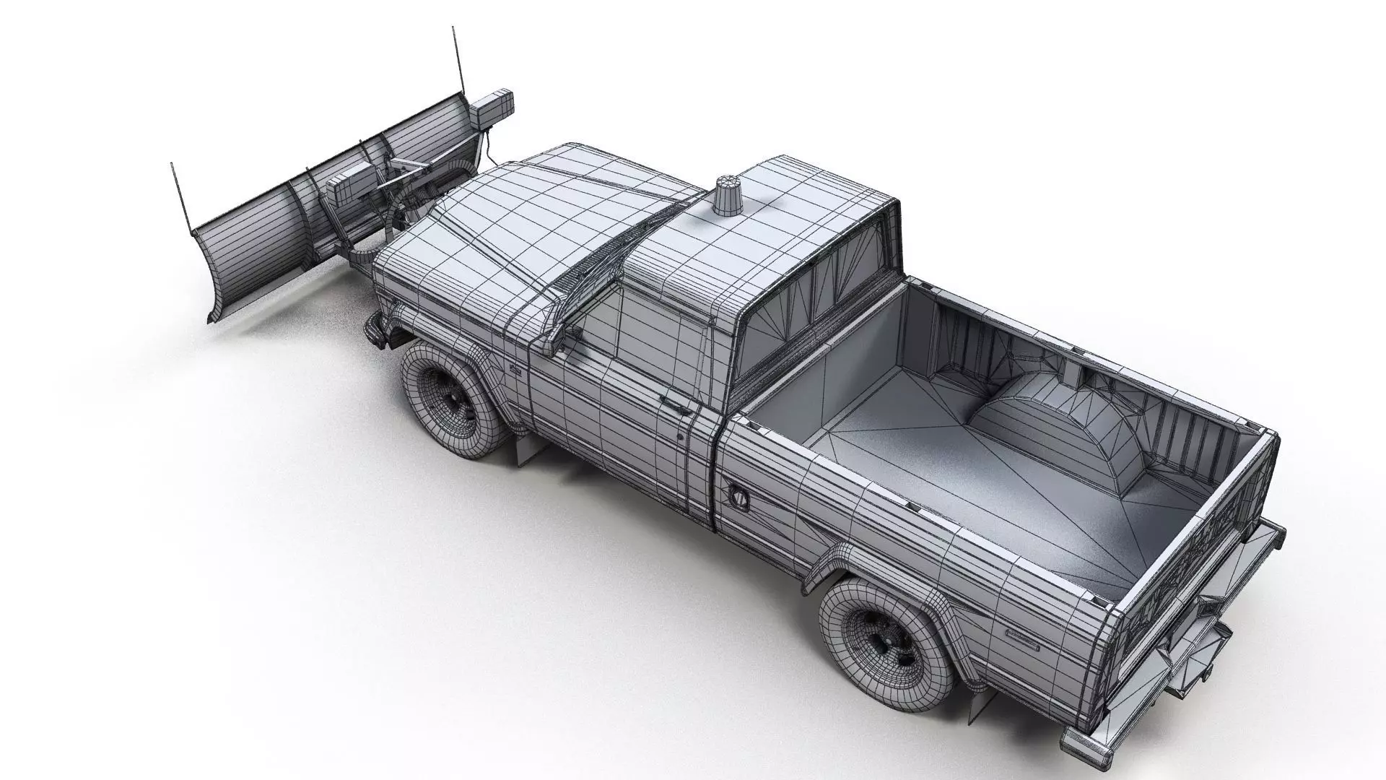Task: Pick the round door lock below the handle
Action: point(680,437)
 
